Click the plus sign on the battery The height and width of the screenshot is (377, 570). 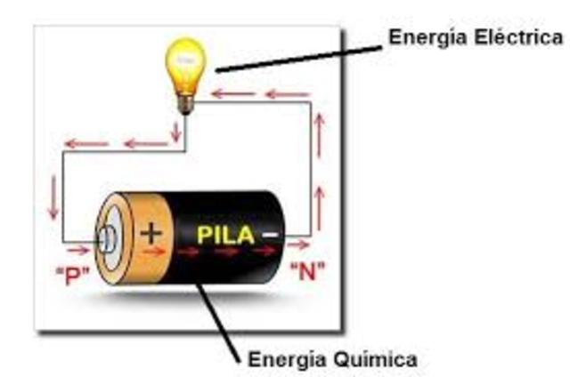point(152,233)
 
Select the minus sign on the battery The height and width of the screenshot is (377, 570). point(268,235)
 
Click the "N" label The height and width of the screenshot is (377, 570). point(308,272)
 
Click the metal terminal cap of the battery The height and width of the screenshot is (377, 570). point(108,238)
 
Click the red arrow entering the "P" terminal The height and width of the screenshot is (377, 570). point(79,250)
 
